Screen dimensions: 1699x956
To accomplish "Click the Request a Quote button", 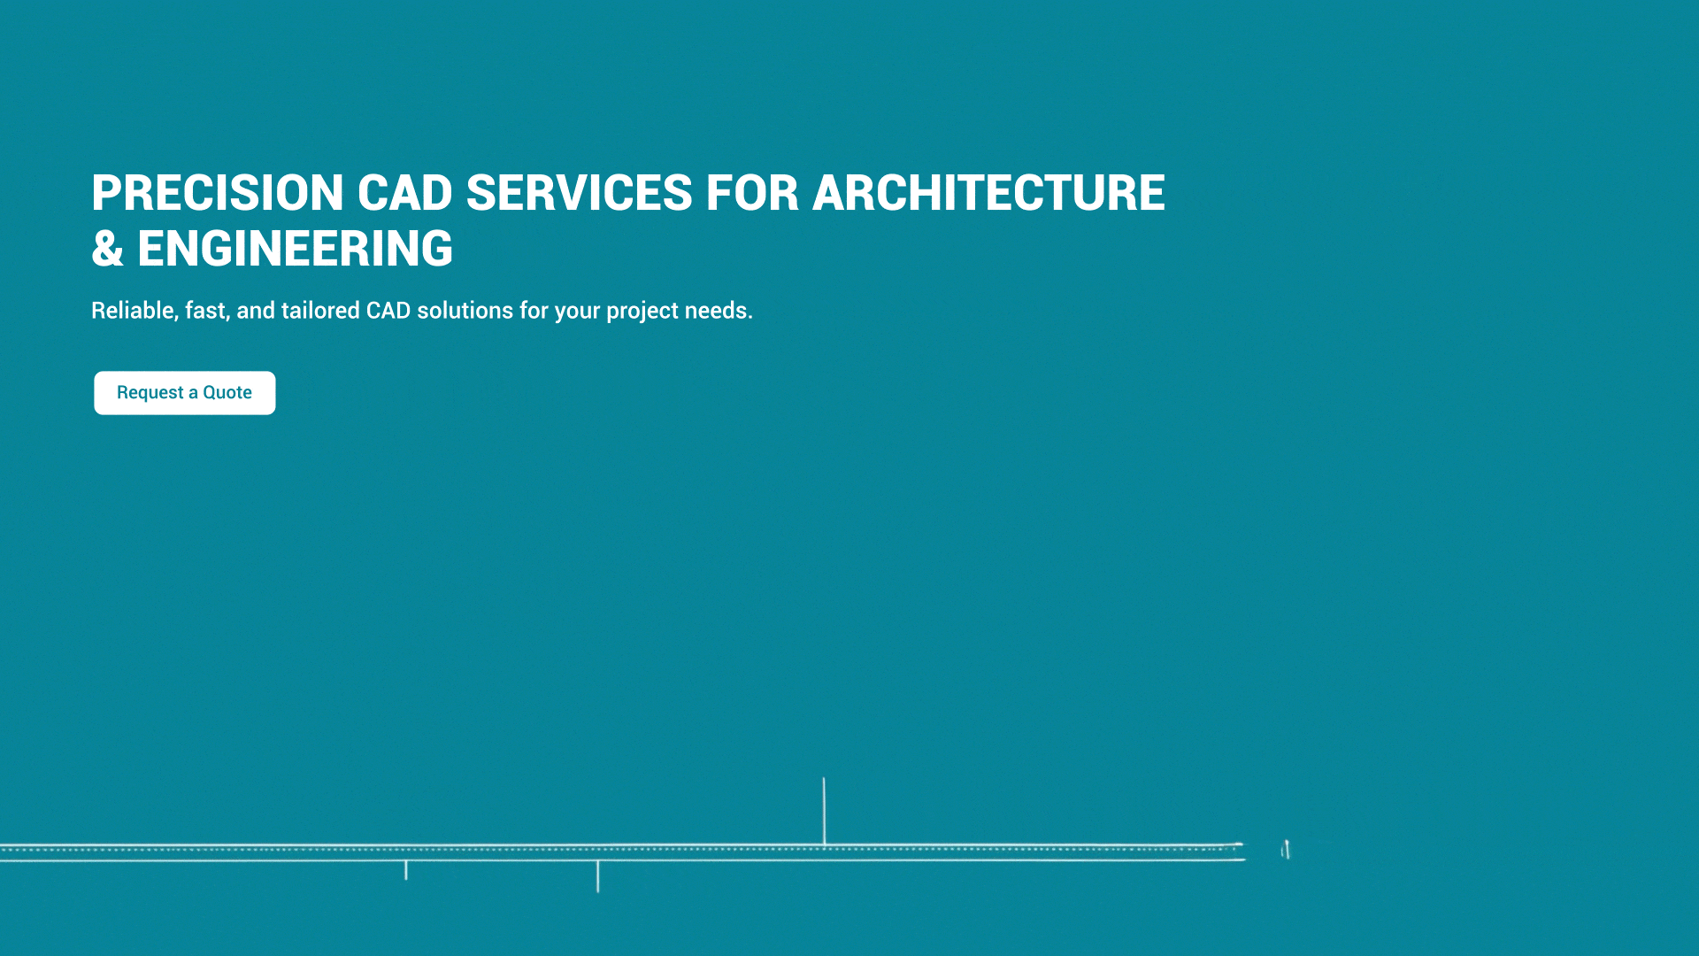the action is pyautogui.click(x=185, y=393).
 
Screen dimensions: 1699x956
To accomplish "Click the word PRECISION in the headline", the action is pyautogui.click(x=218, y=193).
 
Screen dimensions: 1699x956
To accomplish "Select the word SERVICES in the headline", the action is pyautogui.click(x=580, y=193).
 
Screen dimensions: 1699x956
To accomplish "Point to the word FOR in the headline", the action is pyautogui.click(x=752, y=193).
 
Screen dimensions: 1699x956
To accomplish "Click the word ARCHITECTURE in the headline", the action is pyautogui.click(x=988, y=193).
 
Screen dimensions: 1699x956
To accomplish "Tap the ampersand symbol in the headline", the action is pyautogui.click(x=107, y=249).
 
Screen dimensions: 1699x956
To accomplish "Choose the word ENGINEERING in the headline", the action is pyautogui.click(x=295, y=249).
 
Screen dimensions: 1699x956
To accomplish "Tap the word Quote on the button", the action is pyautogui.click(x=227, y=393).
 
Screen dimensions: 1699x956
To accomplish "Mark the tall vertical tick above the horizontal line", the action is pyautogui.click(x=824, y=811).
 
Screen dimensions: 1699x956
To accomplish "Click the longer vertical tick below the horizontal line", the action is pyautogui.click(x=598, y=876).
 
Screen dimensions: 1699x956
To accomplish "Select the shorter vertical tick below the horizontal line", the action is pyautogui.click(x=406, y=870).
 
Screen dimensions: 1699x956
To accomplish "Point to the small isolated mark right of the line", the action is pyautogui.click(x=1286, y=850).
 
